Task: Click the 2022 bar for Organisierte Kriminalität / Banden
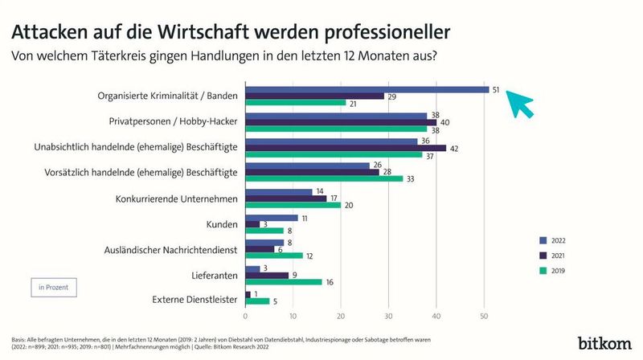367,89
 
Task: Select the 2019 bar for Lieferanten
284,282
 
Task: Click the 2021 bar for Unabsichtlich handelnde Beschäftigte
346,147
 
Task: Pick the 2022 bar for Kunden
272,218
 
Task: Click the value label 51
498,89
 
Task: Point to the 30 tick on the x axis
389,314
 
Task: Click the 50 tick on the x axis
485,314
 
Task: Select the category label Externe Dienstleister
194,301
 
